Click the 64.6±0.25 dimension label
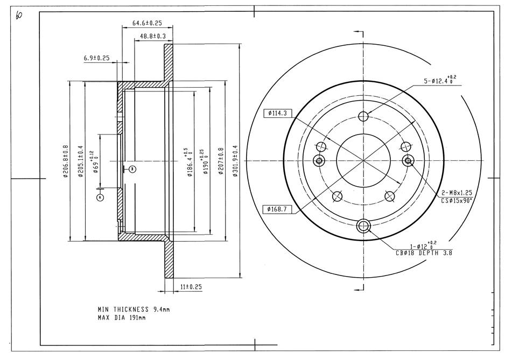click(148, 23)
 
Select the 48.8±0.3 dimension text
click(153, 37)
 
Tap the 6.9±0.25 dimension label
click(97, 58)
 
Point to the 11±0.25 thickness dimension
click(191, 287)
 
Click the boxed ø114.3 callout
click(277, 113)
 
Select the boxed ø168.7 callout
click(277, 209)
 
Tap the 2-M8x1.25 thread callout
click(457, 193)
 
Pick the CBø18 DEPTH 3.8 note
click(424, 252)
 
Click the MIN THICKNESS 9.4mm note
click(134, 309)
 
